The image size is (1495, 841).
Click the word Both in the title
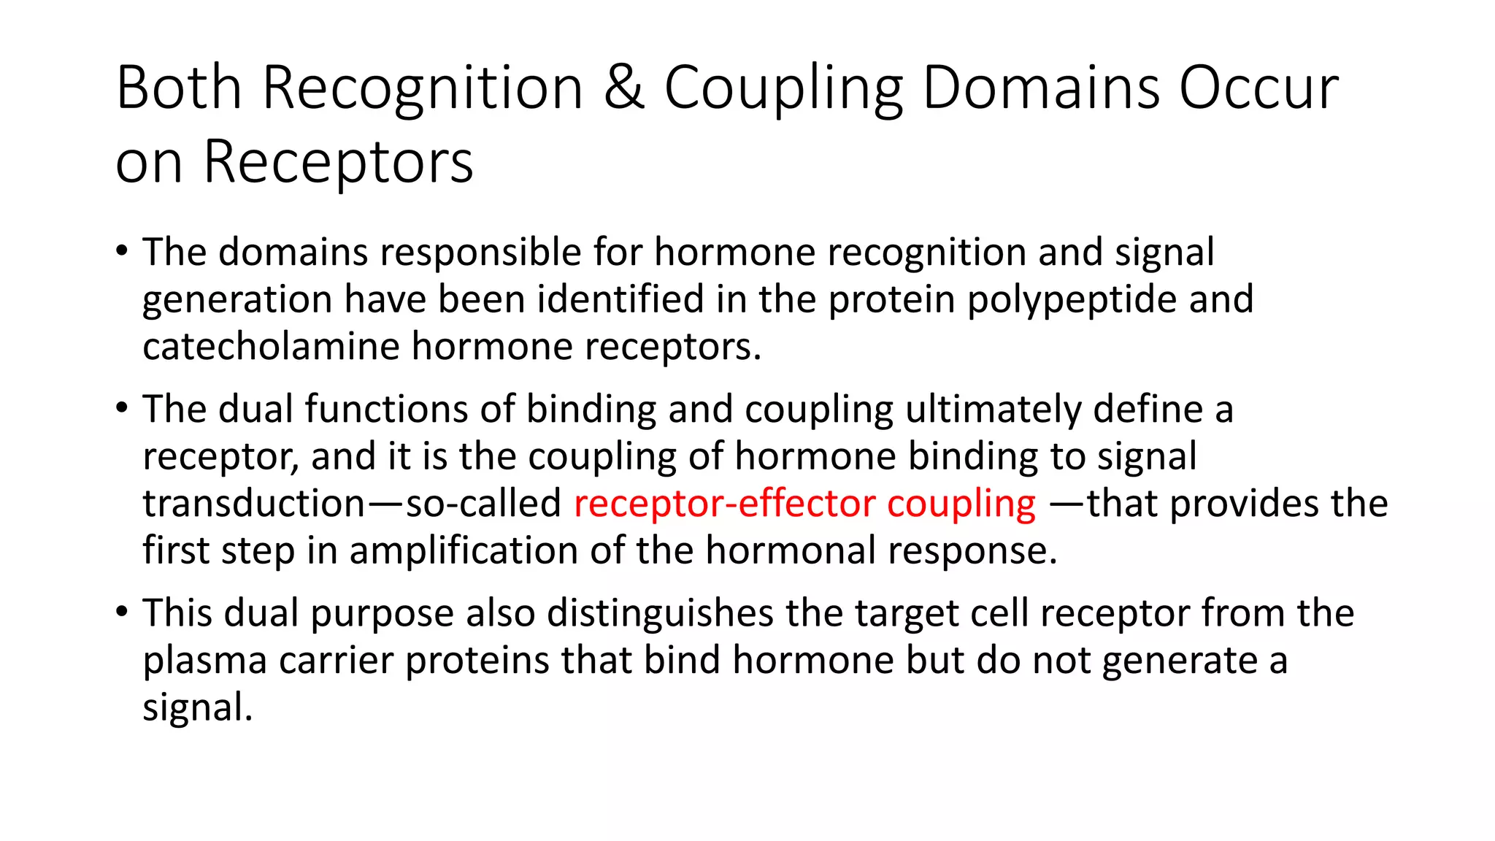tap(179, 88)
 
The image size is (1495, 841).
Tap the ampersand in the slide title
tap(624, 88)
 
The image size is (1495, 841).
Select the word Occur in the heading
tap(1259, 88)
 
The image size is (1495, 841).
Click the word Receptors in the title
tap(338, 161)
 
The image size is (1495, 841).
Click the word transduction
tap(253, 504)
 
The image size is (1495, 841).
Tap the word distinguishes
tap(660, 613)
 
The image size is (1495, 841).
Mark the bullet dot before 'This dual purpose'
tap(122, 610)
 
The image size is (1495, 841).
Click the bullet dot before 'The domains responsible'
tap(122, 250)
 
